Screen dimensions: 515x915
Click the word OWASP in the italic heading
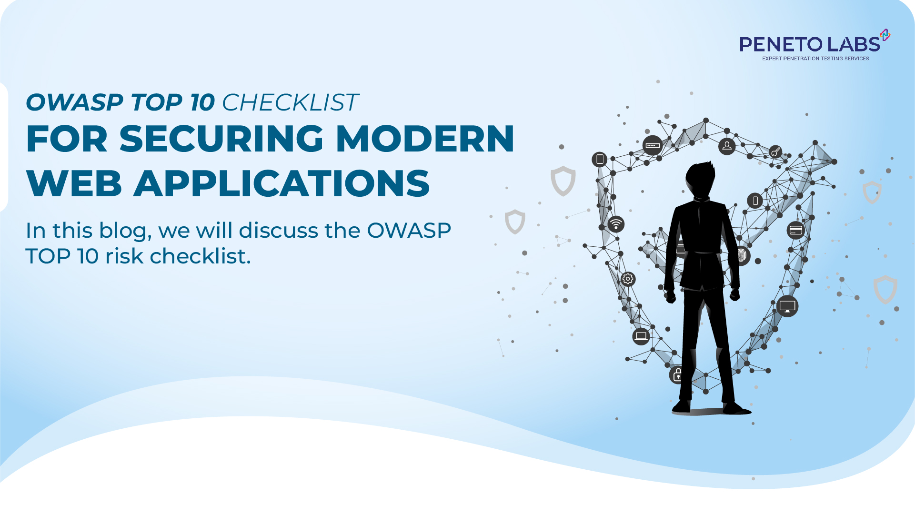pyautogui.click(x=74, y=102)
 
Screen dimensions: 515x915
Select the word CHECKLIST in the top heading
pyautogui.click(x=290, y=102)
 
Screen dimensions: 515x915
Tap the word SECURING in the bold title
pyautogui.click(x=221, y=139)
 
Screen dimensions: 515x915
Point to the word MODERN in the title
pyautogui.click(x=425, y=139)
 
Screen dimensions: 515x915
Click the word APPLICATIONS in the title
pyautogui.click(x=282, y=184)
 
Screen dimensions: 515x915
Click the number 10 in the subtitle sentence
pyautogui.click(x=88, y=256)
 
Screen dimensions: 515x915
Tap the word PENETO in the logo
pyautogui.click(x=781, y=45)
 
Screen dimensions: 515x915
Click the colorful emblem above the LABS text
pyautogui.click(x=885, y=35)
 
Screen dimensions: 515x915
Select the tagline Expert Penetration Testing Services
pyautogui.click(x=815, y=59)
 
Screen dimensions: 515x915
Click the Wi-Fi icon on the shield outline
pyautogui.click(x=616, y=224)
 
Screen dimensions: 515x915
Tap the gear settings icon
pyautogui.click(x=628, y=279)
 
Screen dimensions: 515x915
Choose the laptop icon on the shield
pyautogui.click(x=641, y=336)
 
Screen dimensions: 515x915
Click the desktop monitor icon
pyautogui.click(x=787, y=306)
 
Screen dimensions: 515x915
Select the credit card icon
pyautogui.click(x=795, y=230)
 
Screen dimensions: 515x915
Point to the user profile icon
pyautogui.click(x=727, y=146)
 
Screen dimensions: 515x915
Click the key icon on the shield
pyautogui.click(x=775, y=152)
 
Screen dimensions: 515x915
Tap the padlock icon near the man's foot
pyautogui.click(x=677, y=375)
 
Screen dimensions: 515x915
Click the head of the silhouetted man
pyautogui.click(x=701, y=179)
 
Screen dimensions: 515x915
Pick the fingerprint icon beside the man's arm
pyautogui.click(x=742, y=256)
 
